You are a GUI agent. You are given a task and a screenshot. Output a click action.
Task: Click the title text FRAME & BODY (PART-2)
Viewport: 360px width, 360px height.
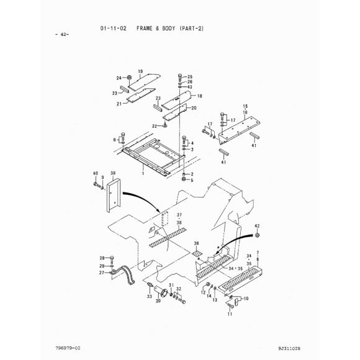(x=170, y=29)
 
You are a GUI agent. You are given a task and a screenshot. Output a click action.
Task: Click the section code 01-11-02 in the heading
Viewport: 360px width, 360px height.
(x=113, y=29)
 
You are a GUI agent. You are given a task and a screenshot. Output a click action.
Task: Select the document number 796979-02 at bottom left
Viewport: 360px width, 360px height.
(x=68, y=348)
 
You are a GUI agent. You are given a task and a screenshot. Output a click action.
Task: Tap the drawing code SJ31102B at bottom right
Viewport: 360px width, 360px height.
(x=289, y=349)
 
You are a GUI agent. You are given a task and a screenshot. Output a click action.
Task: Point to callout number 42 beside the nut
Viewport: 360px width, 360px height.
(x=257, y=226)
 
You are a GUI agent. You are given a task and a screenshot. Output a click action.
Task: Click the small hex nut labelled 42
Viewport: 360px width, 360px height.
(x=257, y=235)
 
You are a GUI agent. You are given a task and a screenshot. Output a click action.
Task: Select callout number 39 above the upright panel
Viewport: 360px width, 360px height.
(x=113, y=173)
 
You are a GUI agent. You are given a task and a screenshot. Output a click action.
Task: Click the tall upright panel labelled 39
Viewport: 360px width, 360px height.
(x=113, y=195)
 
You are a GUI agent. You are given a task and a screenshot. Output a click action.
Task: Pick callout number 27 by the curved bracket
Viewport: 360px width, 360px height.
(x=102, y=272)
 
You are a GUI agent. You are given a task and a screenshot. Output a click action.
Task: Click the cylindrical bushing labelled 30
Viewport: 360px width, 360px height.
(x=161, y=291)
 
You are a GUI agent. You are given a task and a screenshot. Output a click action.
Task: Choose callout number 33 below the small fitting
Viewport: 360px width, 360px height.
(x=150, y=297)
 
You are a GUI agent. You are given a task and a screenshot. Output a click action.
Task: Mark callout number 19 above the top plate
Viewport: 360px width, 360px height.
(x=140, y=71)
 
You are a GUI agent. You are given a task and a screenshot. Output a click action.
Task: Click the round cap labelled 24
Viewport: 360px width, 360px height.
(x=129, y=77)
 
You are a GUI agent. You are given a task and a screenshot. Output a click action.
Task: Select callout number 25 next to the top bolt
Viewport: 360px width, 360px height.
(x=190, y=77)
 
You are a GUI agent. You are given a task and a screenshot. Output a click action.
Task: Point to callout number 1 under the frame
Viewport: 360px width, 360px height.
(x=143, y=173)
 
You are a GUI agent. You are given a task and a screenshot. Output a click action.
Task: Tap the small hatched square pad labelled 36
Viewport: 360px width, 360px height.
(x=197, y=253)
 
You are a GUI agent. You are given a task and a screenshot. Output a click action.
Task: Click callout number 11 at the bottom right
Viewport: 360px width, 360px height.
(x=230, y=314)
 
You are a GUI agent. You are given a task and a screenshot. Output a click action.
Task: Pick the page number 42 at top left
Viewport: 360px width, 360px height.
(x=63, y=34)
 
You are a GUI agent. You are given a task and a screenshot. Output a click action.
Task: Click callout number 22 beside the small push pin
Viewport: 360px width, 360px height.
(x=155, y=126)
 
